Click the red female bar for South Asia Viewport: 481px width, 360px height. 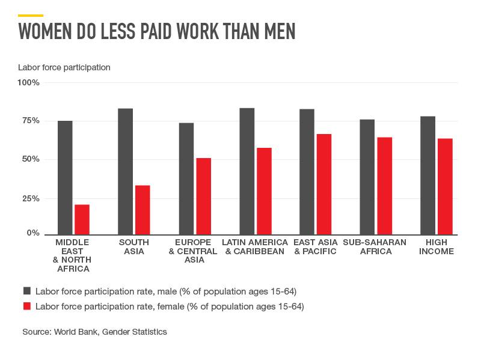coord(142,210)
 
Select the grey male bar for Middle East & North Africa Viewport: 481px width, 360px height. coord(65,178)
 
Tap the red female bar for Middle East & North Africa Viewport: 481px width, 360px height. coord(82,219)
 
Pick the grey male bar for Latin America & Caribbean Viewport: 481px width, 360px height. coord(247,171)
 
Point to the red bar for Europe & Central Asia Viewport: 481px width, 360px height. coord(204,197)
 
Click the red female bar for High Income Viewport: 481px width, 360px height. coord(445,187)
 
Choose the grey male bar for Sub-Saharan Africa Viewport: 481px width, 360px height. coord(367,177)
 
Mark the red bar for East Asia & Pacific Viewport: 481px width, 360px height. coord(324,185)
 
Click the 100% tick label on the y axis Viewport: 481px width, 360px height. coord(28,82)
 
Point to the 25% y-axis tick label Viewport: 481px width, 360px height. coord(31,198)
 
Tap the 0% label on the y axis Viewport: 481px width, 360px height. coord(33,233)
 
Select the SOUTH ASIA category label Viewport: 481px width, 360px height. coord(134,247)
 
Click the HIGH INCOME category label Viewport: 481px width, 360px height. coord(437,247)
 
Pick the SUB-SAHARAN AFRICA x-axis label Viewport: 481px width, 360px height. coord(375,247)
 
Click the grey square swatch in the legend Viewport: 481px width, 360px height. coord(27,291)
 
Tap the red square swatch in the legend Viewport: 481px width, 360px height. coord(27,306)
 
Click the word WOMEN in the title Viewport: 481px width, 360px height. coord(45,31)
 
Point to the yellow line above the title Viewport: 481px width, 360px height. coord(31,16)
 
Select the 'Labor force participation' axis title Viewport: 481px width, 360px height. coord(64,67)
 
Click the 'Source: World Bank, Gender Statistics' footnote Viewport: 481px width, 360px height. coord(94,332)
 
